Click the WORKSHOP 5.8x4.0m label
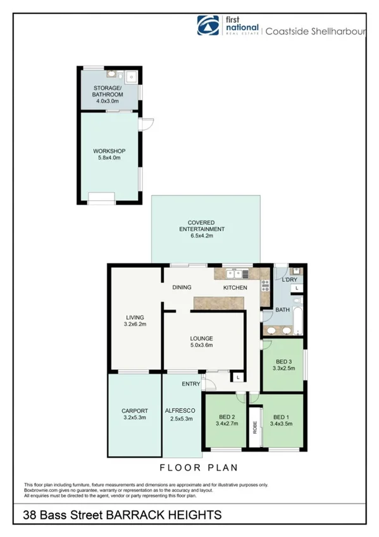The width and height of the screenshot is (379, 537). coord(107,154)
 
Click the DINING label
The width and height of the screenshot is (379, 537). coord(182,287)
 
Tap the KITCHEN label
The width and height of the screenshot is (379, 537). coord(235,287)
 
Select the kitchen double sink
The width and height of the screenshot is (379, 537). coord(239,274)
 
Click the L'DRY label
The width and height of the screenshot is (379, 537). coord(290,279)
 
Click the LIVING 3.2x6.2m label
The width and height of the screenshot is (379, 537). coord(134,321)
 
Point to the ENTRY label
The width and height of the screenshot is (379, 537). coord(191,384)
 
